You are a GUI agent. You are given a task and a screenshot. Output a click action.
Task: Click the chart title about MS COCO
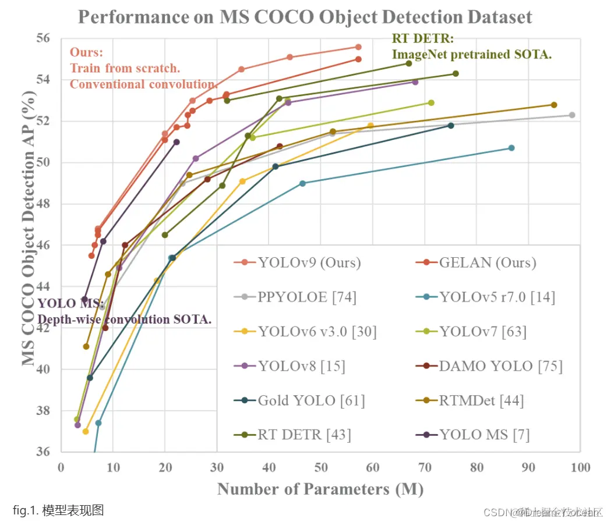[x=305, y=16]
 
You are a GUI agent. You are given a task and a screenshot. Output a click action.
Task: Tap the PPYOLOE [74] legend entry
[x=307, y=297]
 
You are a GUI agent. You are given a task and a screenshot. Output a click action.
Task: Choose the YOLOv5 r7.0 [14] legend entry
[x=497, y=297]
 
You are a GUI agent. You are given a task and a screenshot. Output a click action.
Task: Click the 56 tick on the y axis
[x=44, y=38]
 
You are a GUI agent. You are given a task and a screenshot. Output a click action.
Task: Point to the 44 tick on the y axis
[x=44, y=286]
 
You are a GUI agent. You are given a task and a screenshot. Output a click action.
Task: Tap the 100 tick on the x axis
[x=580, y=467]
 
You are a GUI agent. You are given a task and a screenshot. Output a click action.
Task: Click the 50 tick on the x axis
[x=320, y=467]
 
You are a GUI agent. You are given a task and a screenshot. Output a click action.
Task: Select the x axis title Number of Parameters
[x=320, y=489]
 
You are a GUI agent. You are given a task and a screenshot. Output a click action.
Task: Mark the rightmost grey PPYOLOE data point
[x=572, y=115]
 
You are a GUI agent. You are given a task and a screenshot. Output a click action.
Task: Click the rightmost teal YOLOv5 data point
[x=511, y=148]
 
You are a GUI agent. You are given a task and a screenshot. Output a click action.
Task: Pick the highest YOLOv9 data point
[x=358, y=47]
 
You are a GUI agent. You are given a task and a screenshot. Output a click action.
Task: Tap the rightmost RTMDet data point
[x=554, y=105]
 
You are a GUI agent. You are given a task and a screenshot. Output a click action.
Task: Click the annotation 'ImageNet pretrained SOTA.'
[x=471, y=55]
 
